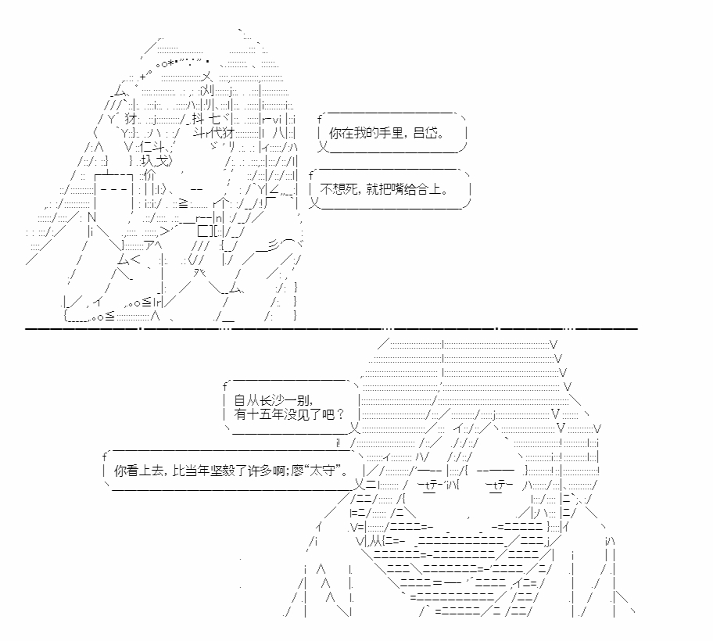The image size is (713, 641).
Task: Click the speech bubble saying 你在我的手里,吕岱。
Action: pyautogui.click(x=392, y=133)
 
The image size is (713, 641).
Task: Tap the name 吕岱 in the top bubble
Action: pyautogui.click(x=425, y=133)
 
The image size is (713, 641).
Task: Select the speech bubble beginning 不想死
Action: pyautogui.click(x=389, y=189)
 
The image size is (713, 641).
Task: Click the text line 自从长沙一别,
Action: pyautogui.click(x=274, y=400)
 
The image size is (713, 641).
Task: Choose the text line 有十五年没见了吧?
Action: pyautogui.click(x=289, y=414)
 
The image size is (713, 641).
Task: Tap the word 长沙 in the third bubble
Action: pyautogui.click(x=272, y=400)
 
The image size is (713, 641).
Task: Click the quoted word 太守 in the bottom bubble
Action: pyautogui.click(x=326, y=471)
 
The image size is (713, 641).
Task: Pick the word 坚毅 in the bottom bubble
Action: pyautogui.click(x=222, y=471)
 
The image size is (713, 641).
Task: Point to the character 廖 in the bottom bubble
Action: pyautogui.click(x=297, y=471)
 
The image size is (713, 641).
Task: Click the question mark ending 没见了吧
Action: pyautogui.click(x=340, y=414)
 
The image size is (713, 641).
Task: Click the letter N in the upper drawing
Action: pyautogui.click(x=91, y=217)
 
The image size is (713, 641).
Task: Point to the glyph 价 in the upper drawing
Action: pyautogui.click(x=149, y=175)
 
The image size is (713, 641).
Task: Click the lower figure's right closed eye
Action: pyautogui.click(x=500, y=486)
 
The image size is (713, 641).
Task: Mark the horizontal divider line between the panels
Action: pyautogui.click(x=331, y=328)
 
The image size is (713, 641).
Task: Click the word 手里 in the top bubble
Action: pyautogui.click(x=391, y=133)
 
